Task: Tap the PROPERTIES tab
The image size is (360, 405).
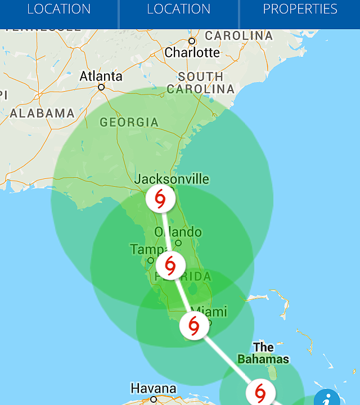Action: click(300, 10)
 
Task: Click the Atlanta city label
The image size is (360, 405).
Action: click(101, 76)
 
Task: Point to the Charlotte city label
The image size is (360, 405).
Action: click(192, 52)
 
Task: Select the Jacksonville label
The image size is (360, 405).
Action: click(172, 179)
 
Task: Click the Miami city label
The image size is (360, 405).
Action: click(209, 312)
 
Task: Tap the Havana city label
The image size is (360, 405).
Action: click(153, 388)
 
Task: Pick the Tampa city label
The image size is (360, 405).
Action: click(147, 249)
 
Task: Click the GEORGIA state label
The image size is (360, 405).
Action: click(129, 122)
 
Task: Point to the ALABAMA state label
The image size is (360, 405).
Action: click(42, 113)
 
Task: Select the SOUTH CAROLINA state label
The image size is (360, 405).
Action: click(201, 83)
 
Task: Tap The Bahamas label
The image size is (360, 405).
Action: click(263, 353)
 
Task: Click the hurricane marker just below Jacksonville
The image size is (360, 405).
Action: click(160, 199)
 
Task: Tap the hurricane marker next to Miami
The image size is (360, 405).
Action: click(193, 326)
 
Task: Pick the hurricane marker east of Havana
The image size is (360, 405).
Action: click(260, 391)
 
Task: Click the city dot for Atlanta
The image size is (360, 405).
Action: click(101, 87)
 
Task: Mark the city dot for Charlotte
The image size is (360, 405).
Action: click(192, 41)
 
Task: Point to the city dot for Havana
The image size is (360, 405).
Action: click(154, 399)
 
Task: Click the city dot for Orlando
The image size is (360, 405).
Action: click(178, 243)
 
